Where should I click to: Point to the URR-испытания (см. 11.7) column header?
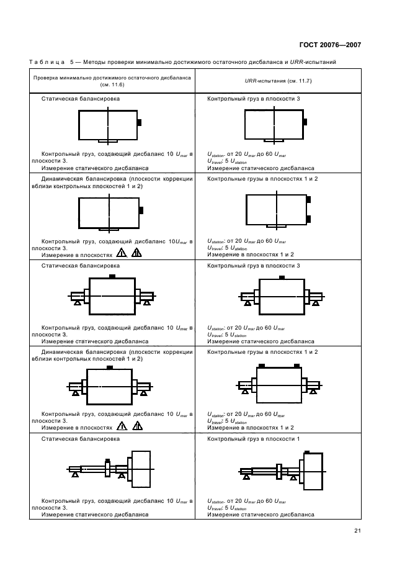[x=279, y=83]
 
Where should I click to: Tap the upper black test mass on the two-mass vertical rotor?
[x=308, y=199]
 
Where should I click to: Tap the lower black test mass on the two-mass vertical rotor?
[x=308, y=218]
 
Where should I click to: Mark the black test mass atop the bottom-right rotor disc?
[x=306, y=452]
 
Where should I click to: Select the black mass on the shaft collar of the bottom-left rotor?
[x=108, y=461]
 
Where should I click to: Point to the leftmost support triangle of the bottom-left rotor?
[x=75, y=475]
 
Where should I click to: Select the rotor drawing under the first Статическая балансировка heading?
[x=109, y=125]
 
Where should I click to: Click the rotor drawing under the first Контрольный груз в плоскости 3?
[x=274, y=125]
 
